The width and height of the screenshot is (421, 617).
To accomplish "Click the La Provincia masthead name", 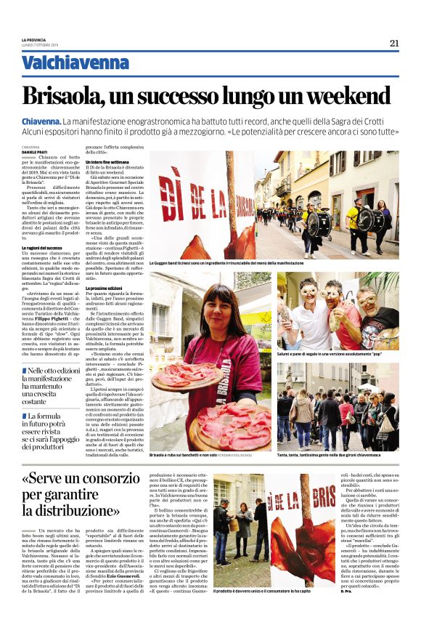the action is [34, 39].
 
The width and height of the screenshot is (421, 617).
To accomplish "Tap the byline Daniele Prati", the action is [36, 150].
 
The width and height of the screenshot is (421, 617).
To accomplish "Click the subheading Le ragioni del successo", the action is [43, 248].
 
